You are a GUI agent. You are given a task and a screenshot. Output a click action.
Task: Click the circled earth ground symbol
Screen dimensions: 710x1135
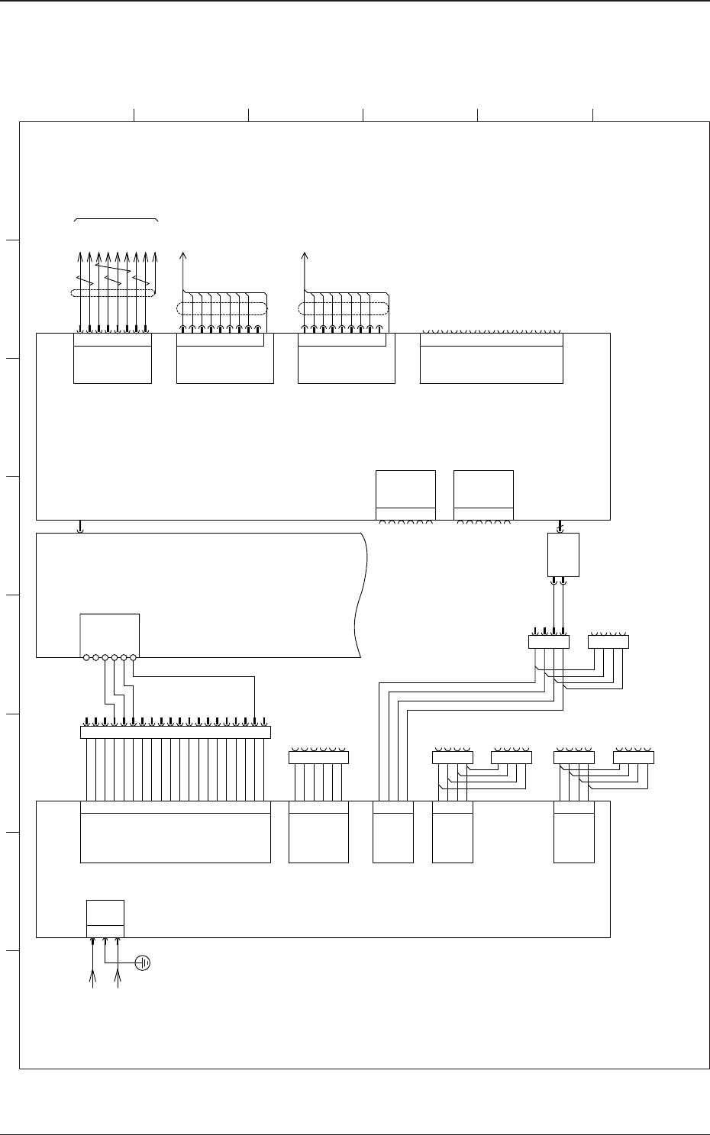pos(142,963)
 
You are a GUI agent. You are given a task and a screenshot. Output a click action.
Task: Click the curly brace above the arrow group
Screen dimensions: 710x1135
pos(116,220)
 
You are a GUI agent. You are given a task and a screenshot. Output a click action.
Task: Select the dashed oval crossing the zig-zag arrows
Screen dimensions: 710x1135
pos(111,293)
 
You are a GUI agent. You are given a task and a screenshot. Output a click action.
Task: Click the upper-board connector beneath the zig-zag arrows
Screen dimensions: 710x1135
pos(112,358)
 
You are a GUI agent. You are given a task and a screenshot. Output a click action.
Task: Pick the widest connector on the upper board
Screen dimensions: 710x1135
pos(491,358)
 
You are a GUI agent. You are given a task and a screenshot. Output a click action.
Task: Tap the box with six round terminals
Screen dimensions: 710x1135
pos(109,634)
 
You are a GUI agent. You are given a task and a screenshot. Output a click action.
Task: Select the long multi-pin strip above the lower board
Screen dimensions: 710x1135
pos(175,732)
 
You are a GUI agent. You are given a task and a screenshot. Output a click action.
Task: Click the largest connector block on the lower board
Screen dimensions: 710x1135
pos(175,832)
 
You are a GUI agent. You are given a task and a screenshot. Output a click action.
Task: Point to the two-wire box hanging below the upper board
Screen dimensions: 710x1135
pos(563,554)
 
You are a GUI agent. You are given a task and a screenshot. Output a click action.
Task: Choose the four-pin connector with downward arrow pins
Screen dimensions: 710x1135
pos(548,642)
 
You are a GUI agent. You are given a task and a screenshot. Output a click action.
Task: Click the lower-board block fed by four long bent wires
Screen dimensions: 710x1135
pos(392,832)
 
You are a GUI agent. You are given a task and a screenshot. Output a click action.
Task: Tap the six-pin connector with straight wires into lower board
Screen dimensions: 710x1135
pos(318,757)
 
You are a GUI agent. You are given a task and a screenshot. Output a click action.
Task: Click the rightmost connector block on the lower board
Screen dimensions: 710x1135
pos(573,832)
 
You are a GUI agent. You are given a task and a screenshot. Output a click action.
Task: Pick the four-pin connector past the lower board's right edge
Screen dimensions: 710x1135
pos(634,757)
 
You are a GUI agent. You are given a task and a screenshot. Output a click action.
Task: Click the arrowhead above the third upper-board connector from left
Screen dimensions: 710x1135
pos(305,254)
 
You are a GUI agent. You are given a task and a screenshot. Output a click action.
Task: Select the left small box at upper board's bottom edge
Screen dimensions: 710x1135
pos(405,495)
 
